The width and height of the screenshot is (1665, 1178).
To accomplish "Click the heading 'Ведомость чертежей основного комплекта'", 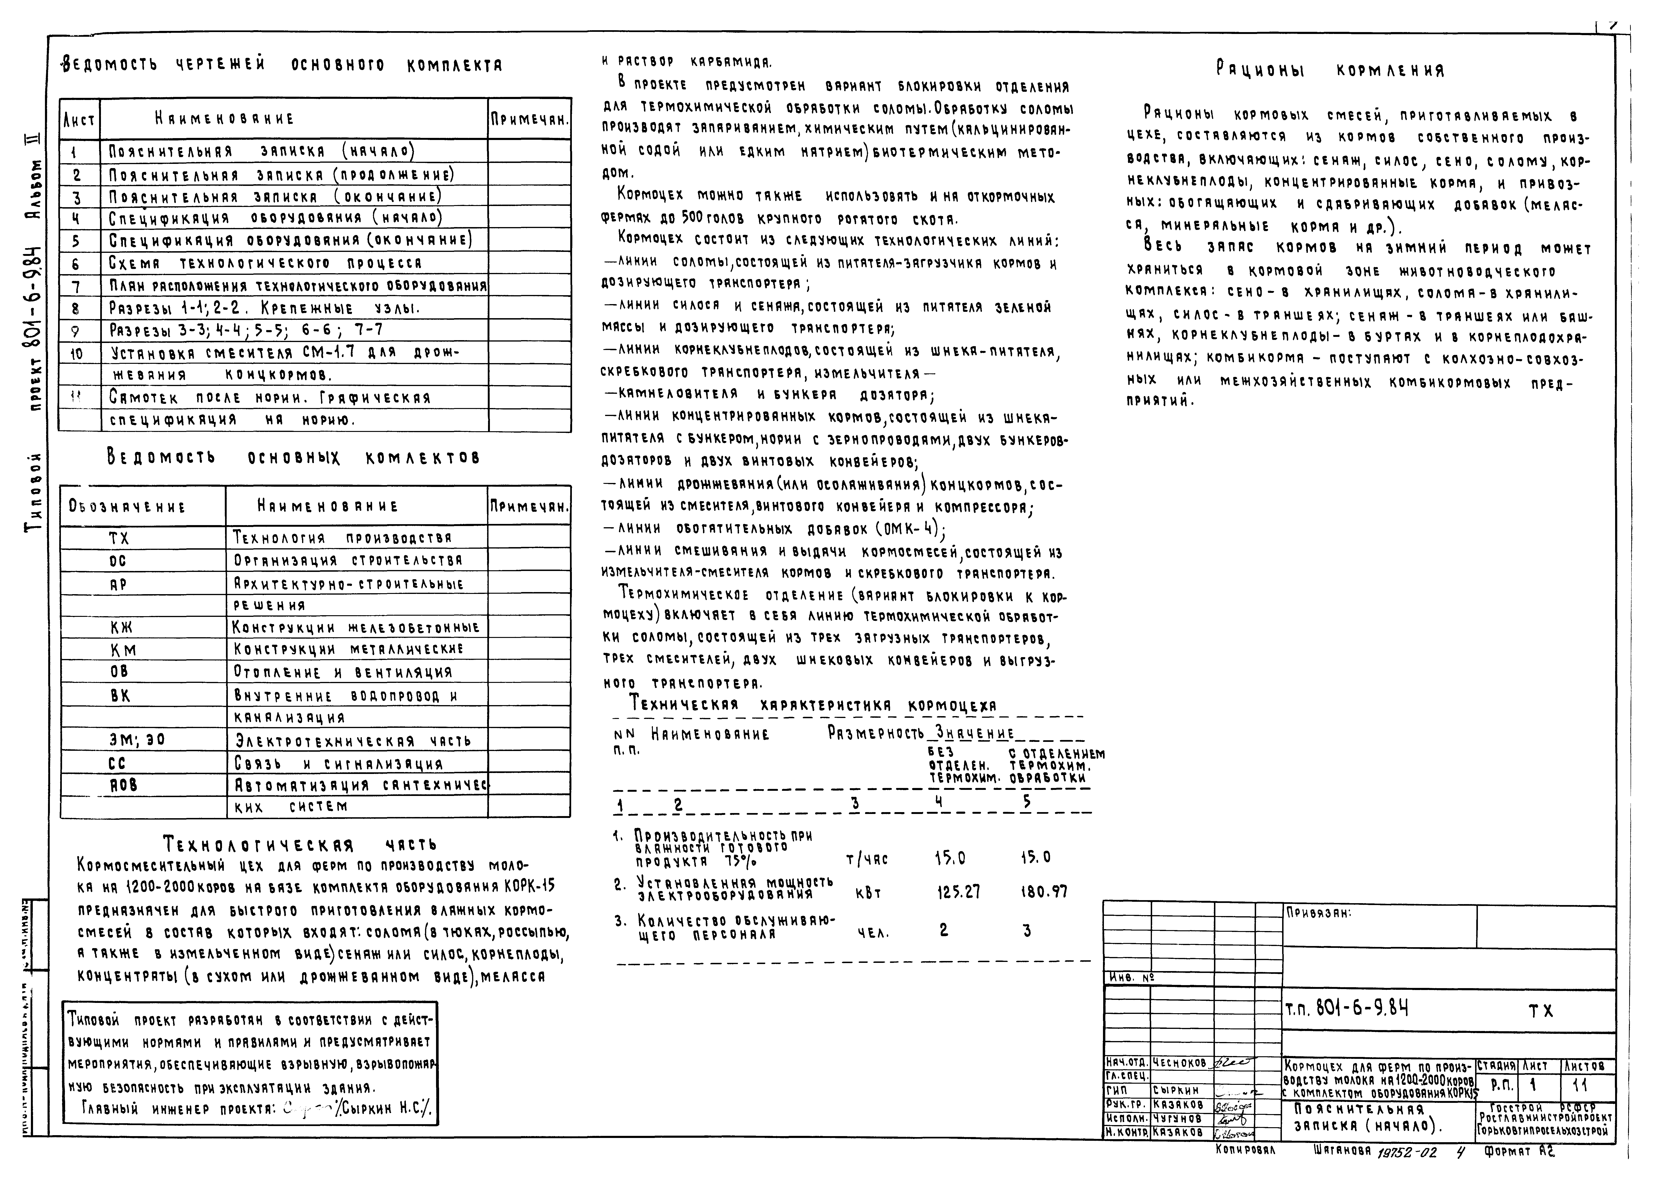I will coord(282,65).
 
